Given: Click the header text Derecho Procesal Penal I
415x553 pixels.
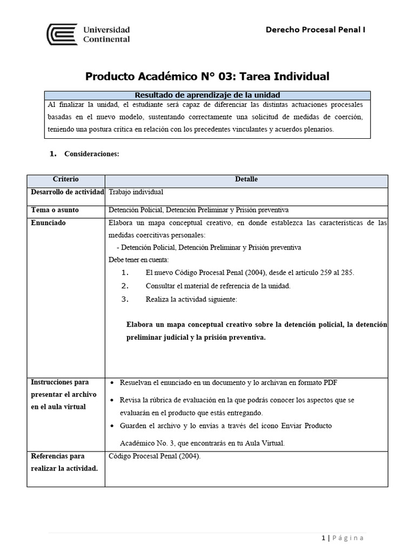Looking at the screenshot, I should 316,30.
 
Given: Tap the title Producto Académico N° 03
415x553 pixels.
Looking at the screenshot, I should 207,76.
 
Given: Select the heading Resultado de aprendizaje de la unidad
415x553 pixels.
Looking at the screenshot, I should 207,95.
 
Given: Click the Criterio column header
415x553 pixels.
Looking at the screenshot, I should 66,179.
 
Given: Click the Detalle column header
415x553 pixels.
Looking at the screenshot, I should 246,179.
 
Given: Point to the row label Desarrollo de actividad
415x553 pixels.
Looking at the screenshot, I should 66,192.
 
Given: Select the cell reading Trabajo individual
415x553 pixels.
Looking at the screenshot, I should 136,192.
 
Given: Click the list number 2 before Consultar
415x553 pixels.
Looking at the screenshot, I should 124,286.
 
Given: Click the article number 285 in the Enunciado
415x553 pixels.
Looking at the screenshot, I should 347,273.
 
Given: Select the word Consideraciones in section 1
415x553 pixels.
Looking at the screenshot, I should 91,154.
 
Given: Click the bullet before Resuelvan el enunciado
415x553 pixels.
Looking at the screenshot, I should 111,383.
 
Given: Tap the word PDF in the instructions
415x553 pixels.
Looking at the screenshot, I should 330,383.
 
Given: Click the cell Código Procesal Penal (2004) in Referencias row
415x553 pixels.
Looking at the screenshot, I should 154,456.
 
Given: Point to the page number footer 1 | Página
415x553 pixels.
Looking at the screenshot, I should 343,538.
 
